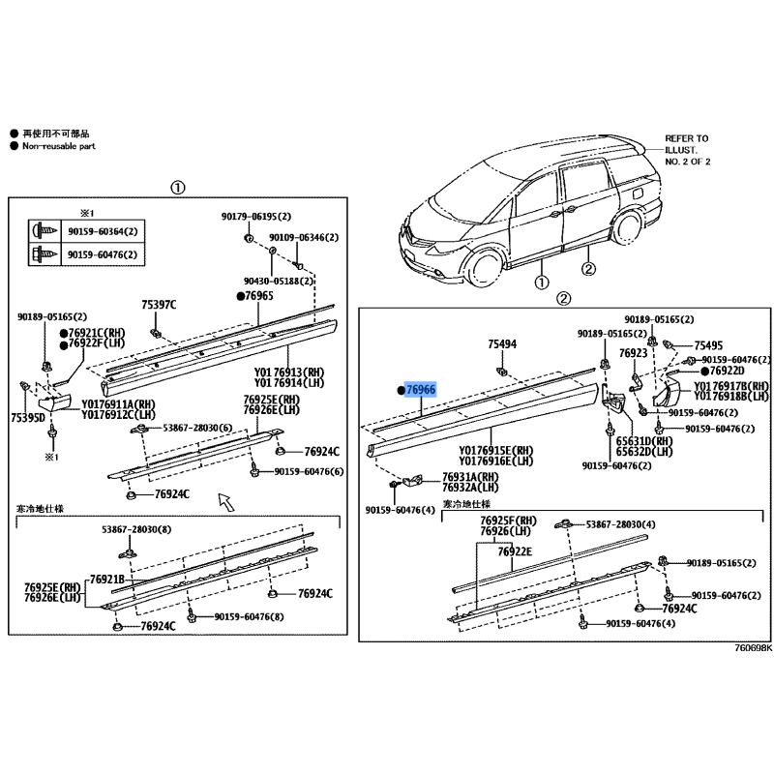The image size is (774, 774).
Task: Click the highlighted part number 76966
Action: pyautogui.click(x=421, y=390)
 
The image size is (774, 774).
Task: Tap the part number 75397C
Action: pyautogui.click(x=160, y=305)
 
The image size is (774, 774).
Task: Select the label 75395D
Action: pyautogui.click(x=27, y=418)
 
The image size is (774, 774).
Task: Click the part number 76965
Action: pyautogui.click(x=259, y=297)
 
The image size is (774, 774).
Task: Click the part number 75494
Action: pyautogui.click(x=502, y=343)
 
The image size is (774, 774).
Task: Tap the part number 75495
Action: pyautogui.click(x=708, y=345)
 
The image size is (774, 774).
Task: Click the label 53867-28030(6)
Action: pyautogui.click(x=195, y=428)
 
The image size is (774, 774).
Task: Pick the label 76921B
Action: pyautogui.click(x=108, y=580)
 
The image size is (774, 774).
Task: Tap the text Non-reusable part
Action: pyautogui.click(x=60, y=145)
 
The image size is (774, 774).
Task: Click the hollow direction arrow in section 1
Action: pyautogui.click(x=224, y=499)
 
